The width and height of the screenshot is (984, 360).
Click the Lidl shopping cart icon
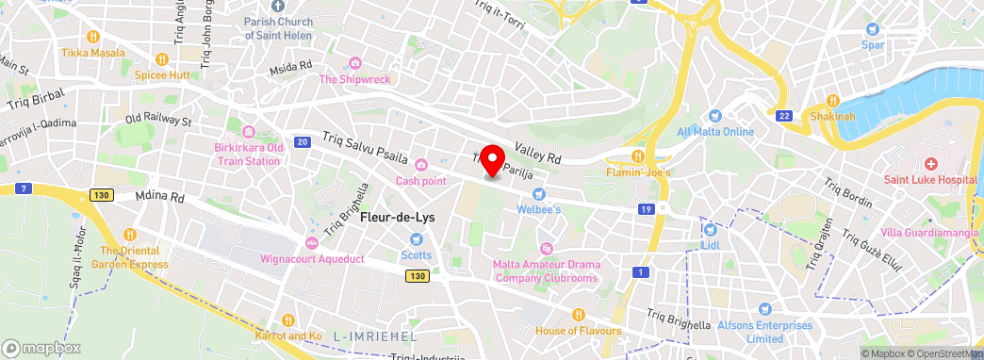[711, 229]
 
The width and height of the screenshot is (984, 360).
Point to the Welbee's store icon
[540, 193]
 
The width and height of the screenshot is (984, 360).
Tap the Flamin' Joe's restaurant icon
[638, 156]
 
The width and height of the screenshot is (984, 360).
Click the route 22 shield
[784, 115]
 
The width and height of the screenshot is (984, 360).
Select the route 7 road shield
[21, 188]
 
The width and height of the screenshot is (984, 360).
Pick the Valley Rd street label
[537, 154]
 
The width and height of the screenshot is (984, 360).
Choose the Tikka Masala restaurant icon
[93, 38]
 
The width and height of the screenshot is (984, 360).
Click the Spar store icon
[872, 29]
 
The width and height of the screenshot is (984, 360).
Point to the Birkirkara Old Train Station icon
[249, 132]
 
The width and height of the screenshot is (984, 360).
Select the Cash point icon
[421, 166]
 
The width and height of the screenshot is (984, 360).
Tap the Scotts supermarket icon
[417, 239]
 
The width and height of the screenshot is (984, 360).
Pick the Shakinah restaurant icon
[832, 101]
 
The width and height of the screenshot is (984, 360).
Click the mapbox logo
[41, 347]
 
